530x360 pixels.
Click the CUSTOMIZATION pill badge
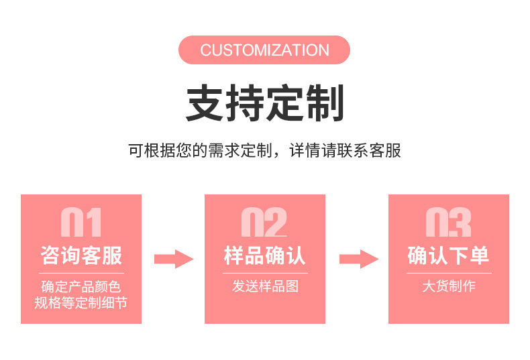(x=264, y=50)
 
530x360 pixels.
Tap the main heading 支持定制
(x=265, y=103)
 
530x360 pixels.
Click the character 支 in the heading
(x=205, y=103)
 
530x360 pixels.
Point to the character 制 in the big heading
(x=325, y=103)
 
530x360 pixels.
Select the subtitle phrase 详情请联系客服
(x=345, y=150)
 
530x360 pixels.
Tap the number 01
(x=81, y=222)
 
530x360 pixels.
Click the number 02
(x=264, y=222)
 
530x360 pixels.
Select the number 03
(x=448, y=222)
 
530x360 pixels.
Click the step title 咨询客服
(x=81, y=255)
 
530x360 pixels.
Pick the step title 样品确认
(x=264, y=255)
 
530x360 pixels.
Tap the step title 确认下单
(x=448, y=255)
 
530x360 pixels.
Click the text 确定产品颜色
(x=81, y=287)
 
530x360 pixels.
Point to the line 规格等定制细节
(x=81, y=302)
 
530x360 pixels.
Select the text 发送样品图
(x=266, y=286)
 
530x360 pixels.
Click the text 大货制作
(x=449, y=286)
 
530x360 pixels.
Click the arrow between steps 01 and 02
(x=174, y=259)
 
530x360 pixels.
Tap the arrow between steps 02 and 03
(x=359, y=259)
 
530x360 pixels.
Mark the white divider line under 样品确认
(x=266, y=273)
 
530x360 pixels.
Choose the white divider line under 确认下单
(x=449, y=273)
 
